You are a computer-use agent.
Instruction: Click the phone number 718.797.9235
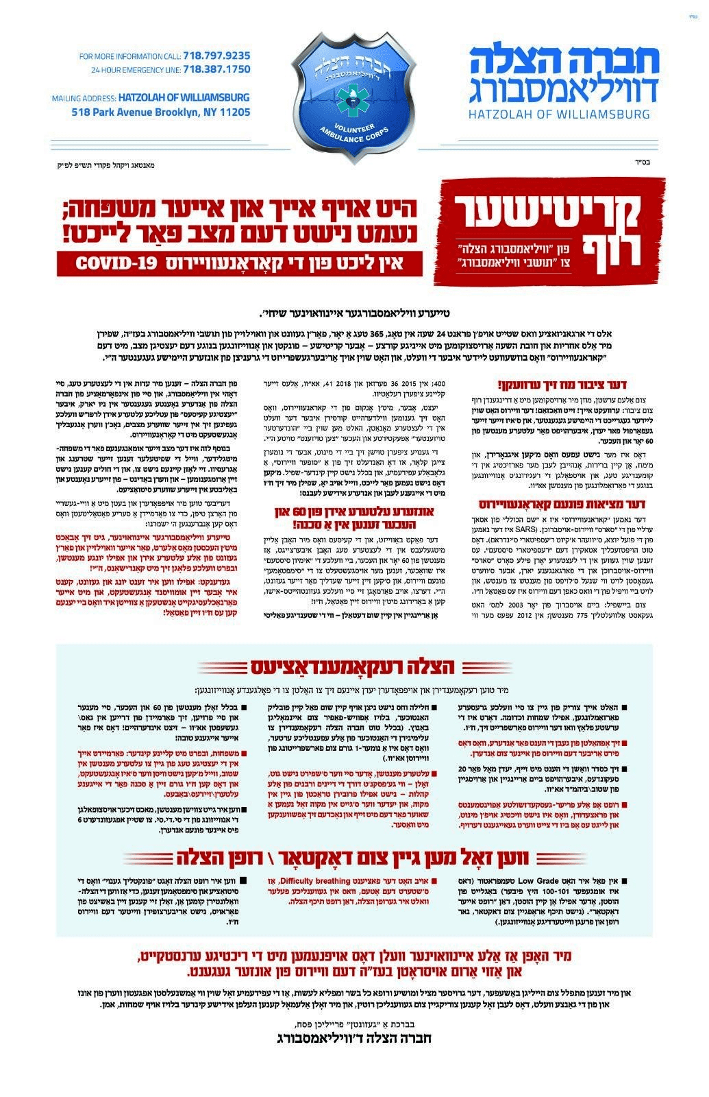[216, 56]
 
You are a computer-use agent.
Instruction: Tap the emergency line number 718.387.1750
[216, 69]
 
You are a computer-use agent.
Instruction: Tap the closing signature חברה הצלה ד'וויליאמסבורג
[353, 1038]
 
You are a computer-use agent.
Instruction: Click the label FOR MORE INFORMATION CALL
[130, 56]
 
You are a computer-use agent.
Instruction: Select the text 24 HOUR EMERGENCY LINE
[136, 70]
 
